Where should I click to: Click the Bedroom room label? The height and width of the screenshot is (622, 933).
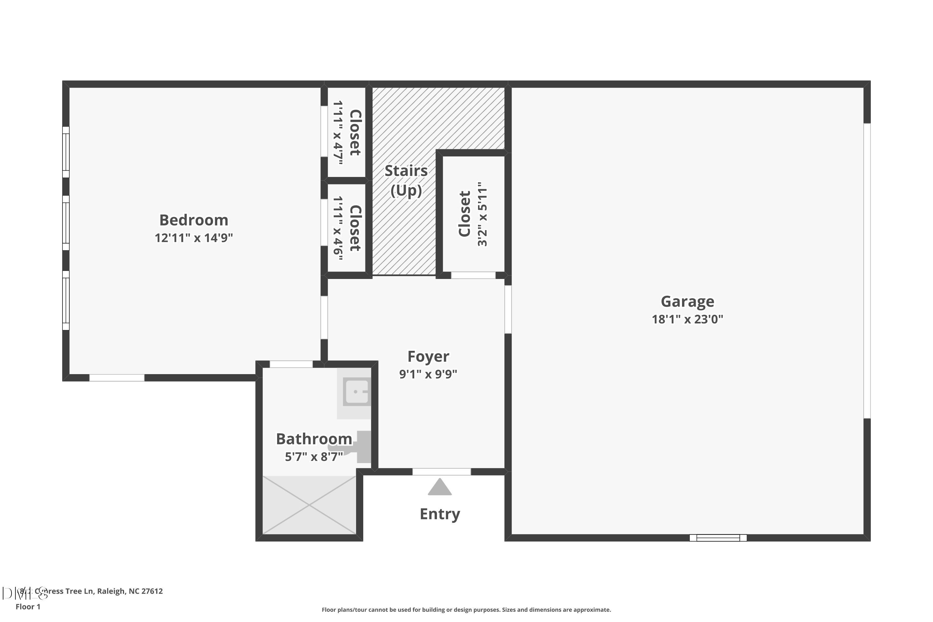coord(193,220)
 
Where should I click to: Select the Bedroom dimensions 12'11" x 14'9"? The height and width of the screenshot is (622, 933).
coord(193,238)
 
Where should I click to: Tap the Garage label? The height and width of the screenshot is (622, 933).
coord(687,301)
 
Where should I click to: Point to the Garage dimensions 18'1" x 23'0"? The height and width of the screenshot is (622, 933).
coord(687,319)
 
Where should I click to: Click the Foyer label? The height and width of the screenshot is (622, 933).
coord(428,356)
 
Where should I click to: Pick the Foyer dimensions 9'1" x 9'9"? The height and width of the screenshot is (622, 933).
coord(428,374)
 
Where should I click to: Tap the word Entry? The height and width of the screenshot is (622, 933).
coord(439,514)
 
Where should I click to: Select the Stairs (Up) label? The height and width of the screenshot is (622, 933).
coord(406,180)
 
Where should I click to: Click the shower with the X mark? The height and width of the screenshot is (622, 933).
coord(309,505)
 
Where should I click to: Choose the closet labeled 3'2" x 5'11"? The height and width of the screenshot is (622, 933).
coord(473,214)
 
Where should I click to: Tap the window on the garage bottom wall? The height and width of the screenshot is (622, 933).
coord(718,538)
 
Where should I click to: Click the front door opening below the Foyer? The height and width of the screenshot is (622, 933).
coord(442,472)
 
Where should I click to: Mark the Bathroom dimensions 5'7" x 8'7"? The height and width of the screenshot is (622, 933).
coord(314,457)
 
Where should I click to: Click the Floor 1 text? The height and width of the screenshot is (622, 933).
coord(28,606)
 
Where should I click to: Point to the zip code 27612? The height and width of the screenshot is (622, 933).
coord(152,591)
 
